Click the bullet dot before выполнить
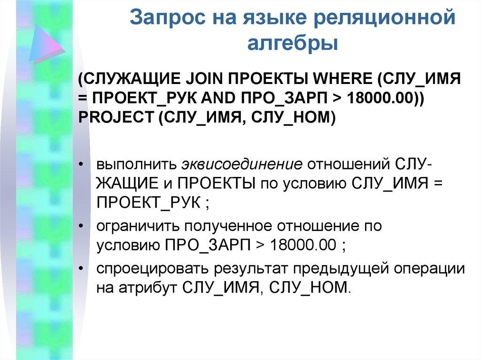click(x=82, y=166)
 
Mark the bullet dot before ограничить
click(x=82, y=226)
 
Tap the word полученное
click(x=236, y=226)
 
